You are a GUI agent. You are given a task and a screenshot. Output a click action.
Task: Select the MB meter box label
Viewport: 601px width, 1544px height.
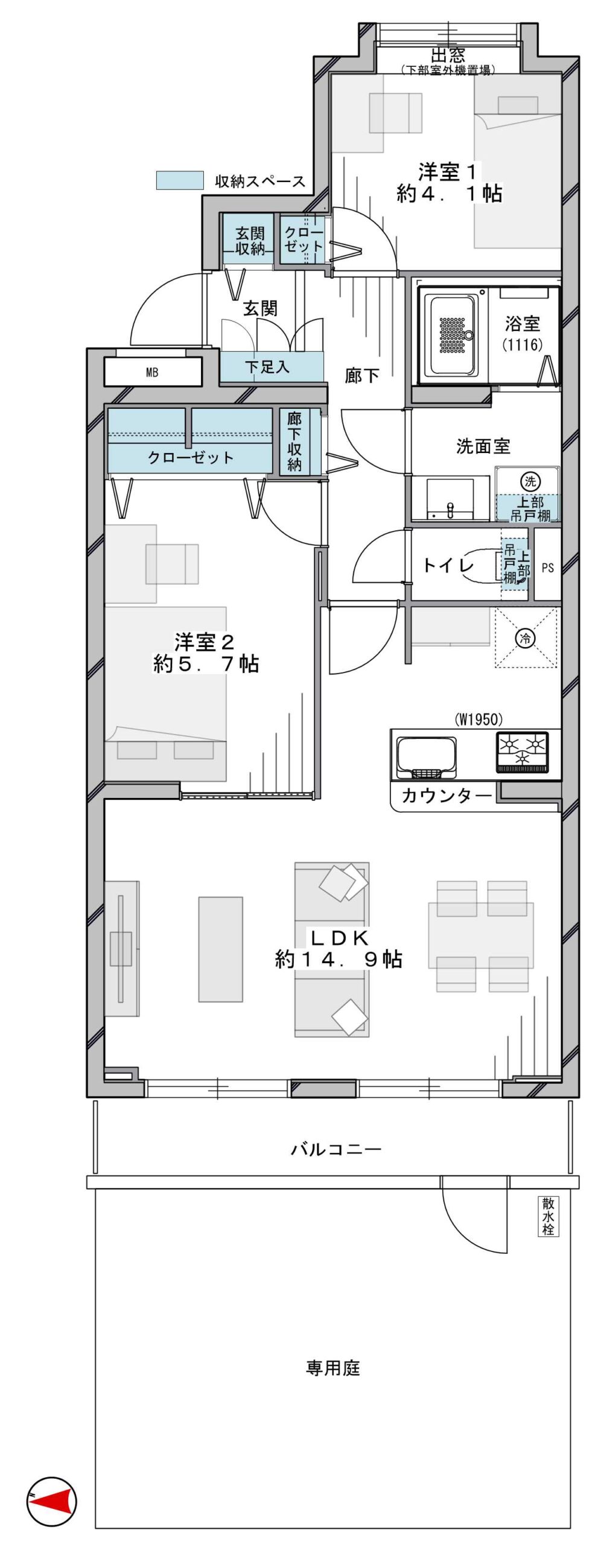(x=152, y=373)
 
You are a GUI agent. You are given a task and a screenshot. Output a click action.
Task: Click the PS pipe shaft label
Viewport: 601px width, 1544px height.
(x=548, y=568)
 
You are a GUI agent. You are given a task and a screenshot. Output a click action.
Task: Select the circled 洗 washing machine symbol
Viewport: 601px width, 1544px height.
(x=530, y=481)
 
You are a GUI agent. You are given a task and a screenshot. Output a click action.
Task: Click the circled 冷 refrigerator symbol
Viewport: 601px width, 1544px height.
(x=526, y=638)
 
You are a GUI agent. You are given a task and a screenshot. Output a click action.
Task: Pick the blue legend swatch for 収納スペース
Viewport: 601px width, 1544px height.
(x=180, y=180)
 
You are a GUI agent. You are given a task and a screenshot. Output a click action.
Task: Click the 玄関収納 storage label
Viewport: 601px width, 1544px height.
(x=250, y=241)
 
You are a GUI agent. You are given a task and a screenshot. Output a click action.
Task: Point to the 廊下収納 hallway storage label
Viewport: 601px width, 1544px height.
(x=294, y=441)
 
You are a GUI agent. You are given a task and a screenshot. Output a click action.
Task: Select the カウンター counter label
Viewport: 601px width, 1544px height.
(x=447, y=796)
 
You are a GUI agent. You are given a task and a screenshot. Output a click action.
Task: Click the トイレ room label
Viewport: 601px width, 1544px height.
(x=448, y=566)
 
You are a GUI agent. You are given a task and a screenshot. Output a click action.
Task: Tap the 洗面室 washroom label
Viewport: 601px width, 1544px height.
(x=483, y=447)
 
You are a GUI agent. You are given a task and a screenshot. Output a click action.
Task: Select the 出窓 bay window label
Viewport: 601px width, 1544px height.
(x=448, y=55)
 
